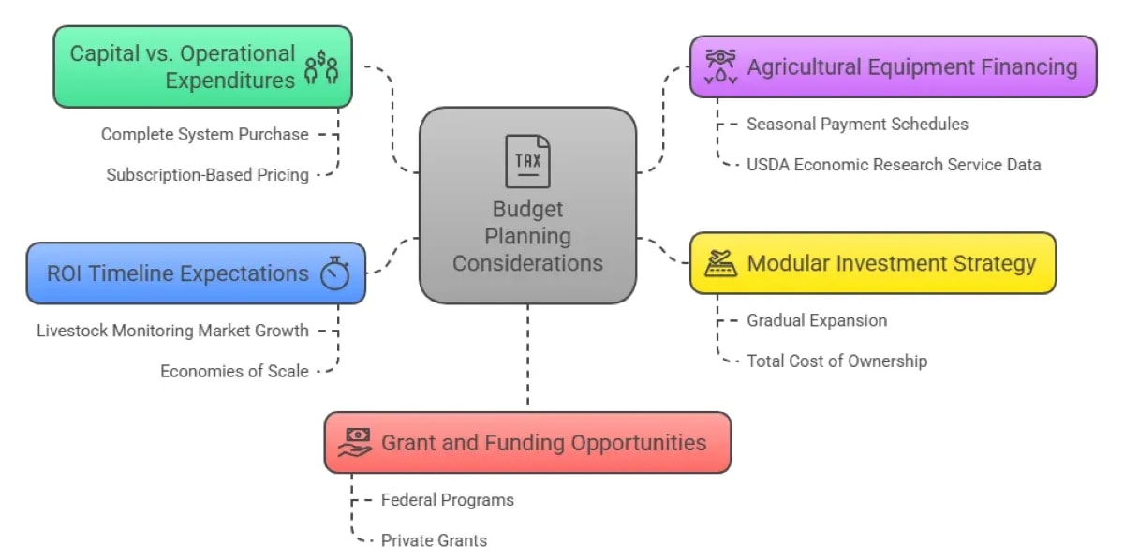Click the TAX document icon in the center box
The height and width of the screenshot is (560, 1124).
(x=527, y=161)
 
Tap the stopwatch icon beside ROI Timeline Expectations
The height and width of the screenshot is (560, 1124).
(x=334, y=273)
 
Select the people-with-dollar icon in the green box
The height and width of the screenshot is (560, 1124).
(x=321, y=66)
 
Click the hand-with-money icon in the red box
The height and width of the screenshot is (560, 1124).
(x=356, y=441)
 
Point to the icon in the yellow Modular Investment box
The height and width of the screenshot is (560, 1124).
(x=720, y=263)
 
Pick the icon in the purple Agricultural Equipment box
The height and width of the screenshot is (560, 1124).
(x=720, y=66)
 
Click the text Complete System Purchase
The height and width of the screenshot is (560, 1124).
(x=204, y=134)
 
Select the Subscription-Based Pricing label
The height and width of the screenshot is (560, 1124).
(x=207, y=174)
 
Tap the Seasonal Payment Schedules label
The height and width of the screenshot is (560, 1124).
(x=857, y=124)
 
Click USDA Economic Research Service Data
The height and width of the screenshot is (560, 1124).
(x=894, y=164)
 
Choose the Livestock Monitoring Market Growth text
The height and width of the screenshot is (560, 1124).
(x=172, y=330)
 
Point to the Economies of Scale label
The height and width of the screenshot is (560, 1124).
(x=234, y=371)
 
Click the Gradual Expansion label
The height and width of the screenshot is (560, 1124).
(x=816, y=320)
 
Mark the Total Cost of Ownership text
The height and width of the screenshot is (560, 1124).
(x=836, y=361)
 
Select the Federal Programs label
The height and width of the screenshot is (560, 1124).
(x=447, y=499)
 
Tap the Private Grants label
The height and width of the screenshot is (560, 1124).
(x=434, y=539)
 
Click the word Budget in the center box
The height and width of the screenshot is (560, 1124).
(x=527, y=209)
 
